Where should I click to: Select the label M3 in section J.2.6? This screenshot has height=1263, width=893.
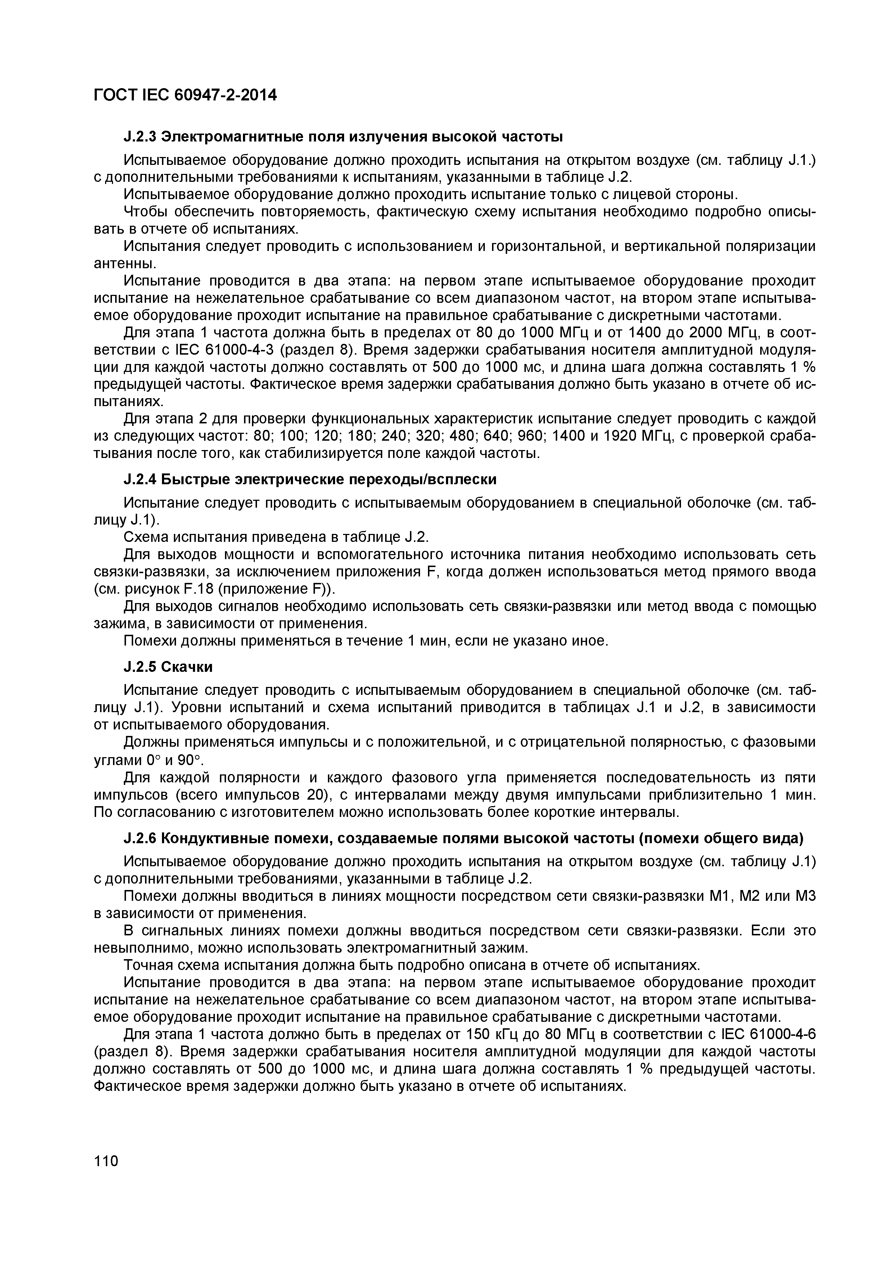806,896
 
